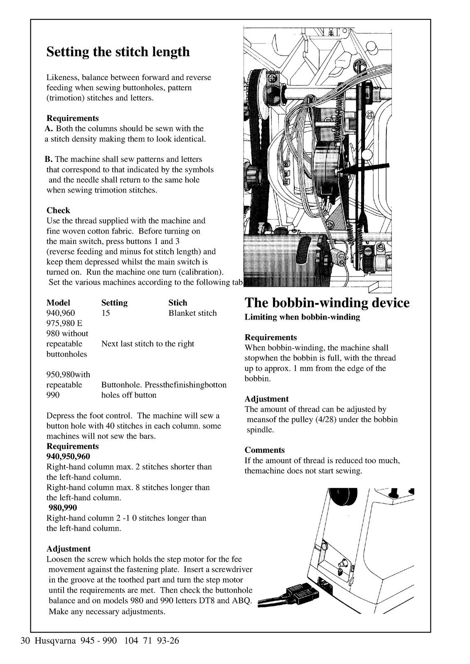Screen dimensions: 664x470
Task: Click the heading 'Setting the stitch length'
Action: click(x=118, y=52)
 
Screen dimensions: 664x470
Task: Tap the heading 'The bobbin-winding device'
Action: click(x=327, y=303)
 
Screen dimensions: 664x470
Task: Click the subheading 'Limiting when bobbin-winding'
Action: click(x=302, y=317)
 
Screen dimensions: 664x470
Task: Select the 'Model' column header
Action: click(x=58, y=303)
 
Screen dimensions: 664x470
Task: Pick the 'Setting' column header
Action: click(x=114, y=303)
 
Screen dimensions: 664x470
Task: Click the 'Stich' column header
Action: click(x=177, y=303)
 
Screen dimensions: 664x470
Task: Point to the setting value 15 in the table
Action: click(x=106, y=313)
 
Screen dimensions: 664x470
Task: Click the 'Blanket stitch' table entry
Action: click(x=192, y=313)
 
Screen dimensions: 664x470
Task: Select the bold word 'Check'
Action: click(x=58, y=210)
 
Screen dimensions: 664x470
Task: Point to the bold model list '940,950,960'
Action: click(x=68, y=456)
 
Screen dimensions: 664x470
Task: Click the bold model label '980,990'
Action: click(x=63, y=508)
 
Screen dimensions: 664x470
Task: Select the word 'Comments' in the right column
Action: click(x=264, y=450)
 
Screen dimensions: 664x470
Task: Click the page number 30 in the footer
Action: click(x=25, y=641)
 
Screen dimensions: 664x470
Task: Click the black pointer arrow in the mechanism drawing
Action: click(x=366, y=168)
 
